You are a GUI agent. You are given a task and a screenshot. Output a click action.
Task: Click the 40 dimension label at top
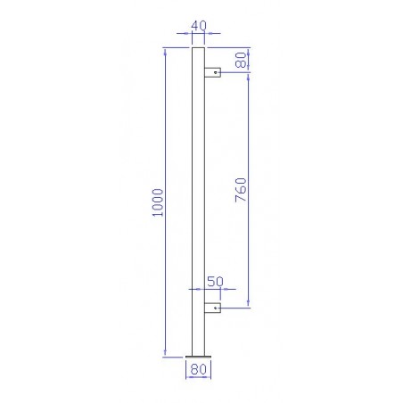199,26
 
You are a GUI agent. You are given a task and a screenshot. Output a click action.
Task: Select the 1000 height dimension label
158,202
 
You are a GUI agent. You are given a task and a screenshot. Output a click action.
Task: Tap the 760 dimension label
241,190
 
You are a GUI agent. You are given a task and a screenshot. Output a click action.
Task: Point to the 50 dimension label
215,282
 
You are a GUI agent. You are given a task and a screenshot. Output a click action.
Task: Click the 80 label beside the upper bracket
241,60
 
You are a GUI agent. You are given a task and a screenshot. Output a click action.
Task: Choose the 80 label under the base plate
198,369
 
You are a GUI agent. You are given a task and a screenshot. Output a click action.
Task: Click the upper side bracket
212,72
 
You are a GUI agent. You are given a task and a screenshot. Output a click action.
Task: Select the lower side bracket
212,308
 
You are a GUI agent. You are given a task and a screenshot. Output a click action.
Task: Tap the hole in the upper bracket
216,72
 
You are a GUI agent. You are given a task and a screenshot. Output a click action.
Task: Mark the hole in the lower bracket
216,308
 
